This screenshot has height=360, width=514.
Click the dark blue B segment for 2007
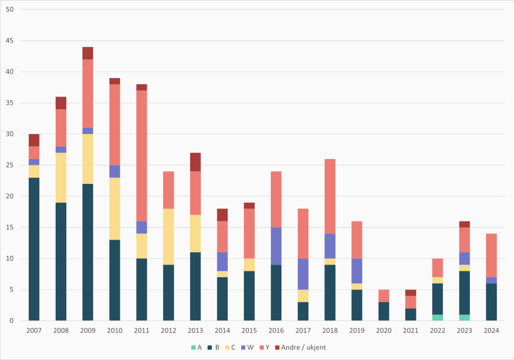coord(34,249)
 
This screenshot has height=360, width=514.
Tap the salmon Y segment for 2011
coord(141,156)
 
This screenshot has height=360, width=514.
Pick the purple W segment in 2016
coord(276,246)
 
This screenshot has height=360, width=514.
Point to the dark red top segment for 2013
coord(196,162)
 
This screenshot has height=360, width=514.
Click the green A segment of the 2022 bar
coord(438,318)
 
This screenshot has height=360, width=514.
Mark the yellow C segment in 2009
coord(87,159)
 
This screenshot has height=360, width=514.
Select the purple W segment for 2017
coord(303,274)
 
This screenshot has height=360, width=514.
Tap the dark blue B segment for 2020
coord(384,311)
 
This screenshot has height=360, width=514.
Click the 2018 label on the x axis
coord(330,330)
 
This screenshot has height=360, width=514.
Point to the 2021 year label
coord(411,330)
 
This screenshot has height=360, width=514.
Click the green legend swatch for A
coord(194,347)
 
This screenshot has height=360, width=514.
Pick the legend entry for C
coord(230,347)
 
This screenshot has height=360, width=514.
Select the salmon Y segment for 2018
coord(330,196)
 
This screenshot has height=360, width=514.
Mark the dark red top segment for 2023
coord(465,224)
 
